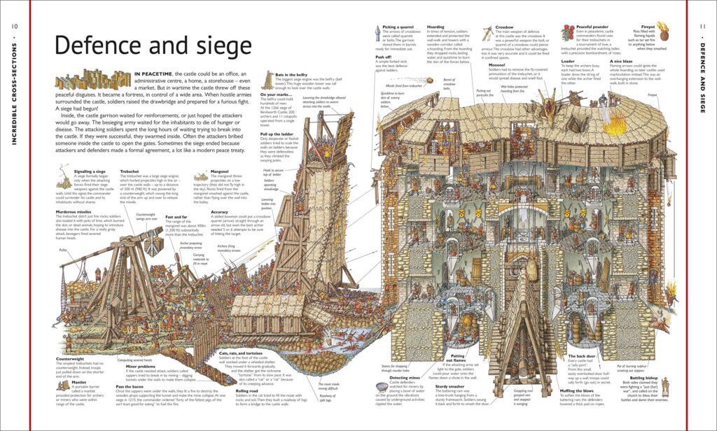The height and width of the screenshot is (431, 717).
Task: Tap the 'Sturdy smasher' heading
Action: pos(450,385)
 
